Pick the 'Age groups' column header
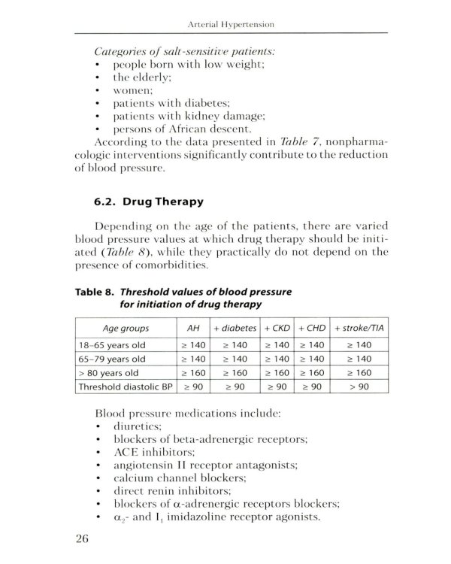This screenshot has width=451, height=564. click(125, 328)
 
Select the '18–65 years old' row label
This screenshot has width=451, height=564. click(111, 344)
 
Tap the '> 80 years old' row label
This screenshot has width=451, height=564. click(107, 373)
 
